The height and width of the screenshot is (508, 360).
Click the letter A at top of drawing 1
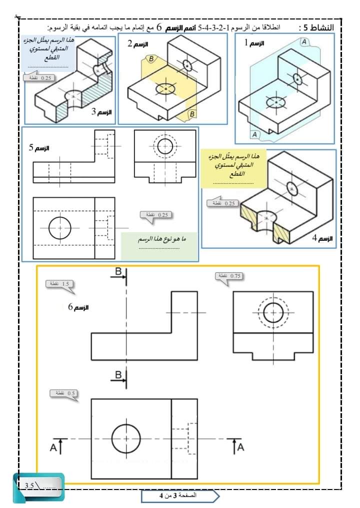303,42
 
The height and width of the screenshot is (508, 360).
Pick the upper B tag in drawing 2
148,59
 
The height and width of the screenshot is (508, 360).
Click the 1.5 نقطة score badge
60,284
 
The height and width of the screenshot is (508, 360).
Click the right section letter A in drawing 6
240,447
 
